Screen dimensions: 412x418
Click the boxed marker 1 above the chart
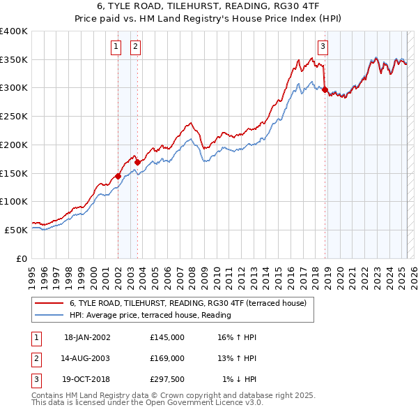(x=115, y=47)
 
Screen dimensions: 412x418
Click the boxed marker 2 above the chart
(x=134, y=47)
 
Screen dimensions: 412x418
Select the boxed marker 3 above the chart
(x=323, y=47)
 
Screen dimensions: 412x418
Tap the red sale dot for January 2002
(x=118, y=176)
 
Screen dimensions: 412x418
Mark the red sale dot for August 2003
(x=137, y=162)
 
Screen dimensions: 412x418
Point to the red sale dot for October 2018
(x=325, y=89)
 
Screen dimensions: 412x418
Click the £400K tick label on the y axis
(x=14, y=31)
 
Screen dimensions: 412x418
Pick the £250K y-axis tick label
(x=14, y=117)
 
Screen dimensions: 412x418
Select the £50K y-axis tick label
(x=16, y=230)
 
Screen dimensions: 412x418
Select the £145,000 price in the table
(x=167, y=337)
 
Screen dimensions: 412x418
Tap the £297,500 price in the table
(x=167, y=379)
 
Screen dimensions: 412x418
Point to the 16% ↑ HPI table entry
(x=237, y=337)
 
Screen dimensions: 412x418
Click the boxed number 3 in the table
(x=36, y=379)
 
